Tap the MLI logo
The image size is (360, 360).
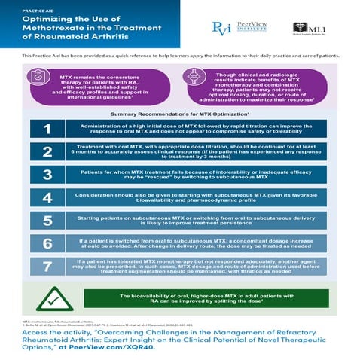coord(308,29)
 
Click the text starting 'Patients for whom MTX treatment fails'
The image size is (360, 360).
coord(203,175)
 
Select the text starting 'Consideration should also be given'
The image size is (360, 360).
coord(203,198)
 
